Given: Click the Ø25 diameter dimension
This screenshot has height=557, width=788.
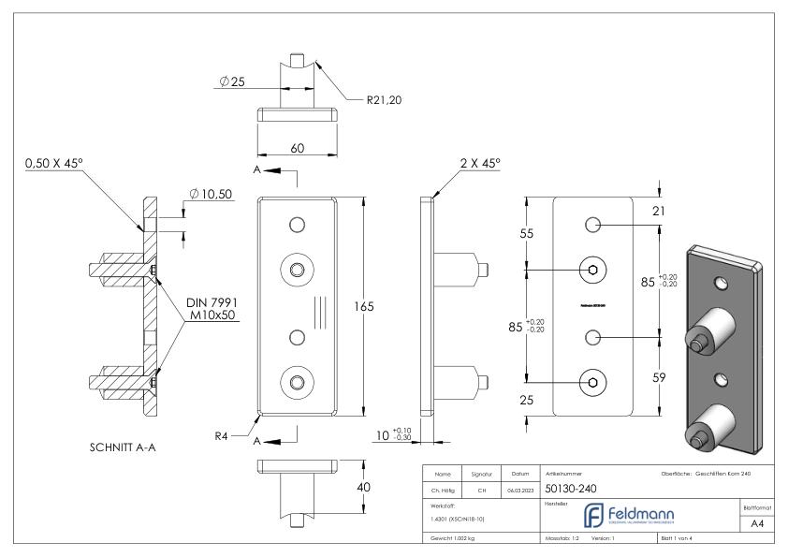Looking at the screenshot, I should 233,81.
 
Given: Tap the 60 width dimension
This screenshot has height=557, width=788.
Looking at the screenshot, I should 297,148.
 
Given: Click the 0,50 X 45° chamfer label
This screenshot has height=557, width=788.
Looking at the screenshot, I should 66,164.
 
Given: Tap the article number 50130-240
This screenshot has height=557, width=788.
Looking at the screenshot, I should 572,488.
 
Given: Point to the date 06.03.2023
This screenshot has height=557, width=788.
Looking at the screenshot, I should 519,489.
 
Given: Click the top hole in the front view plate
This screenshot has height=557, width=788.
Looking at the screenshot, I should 297,225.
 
